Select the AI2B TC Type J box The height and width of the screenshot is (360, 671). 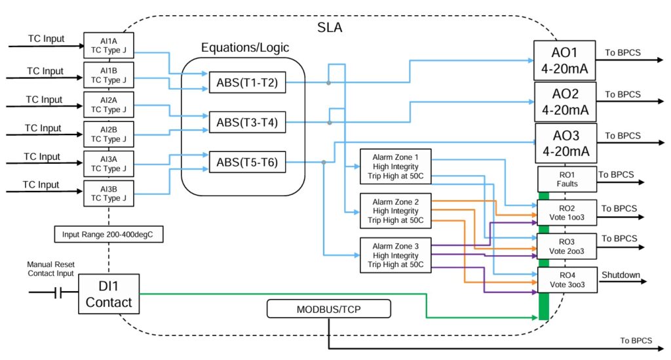(109, 134)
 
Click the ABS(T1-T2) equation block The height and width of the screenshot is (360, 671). (247, 83)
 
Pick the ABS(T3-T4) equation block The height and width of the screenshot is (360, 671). (247, 123)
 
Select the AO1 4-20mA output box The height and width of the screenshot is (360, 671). (564, 60)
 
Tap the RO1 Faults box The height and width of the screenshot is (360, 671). (567, 180)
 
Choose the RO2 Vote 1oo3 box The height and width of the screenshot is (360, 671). (567, 212)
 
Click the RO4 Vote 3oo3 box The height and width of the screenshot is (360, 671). (567, 280)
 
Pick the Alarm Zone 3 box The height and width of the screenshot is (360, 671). (395, 256)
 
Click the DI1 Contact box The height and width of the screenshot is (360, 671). (109, 294)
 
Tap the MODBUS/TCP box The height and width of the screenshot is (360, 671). (328, 309)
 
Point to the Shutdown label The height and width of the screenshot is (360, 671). (620, 275)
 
